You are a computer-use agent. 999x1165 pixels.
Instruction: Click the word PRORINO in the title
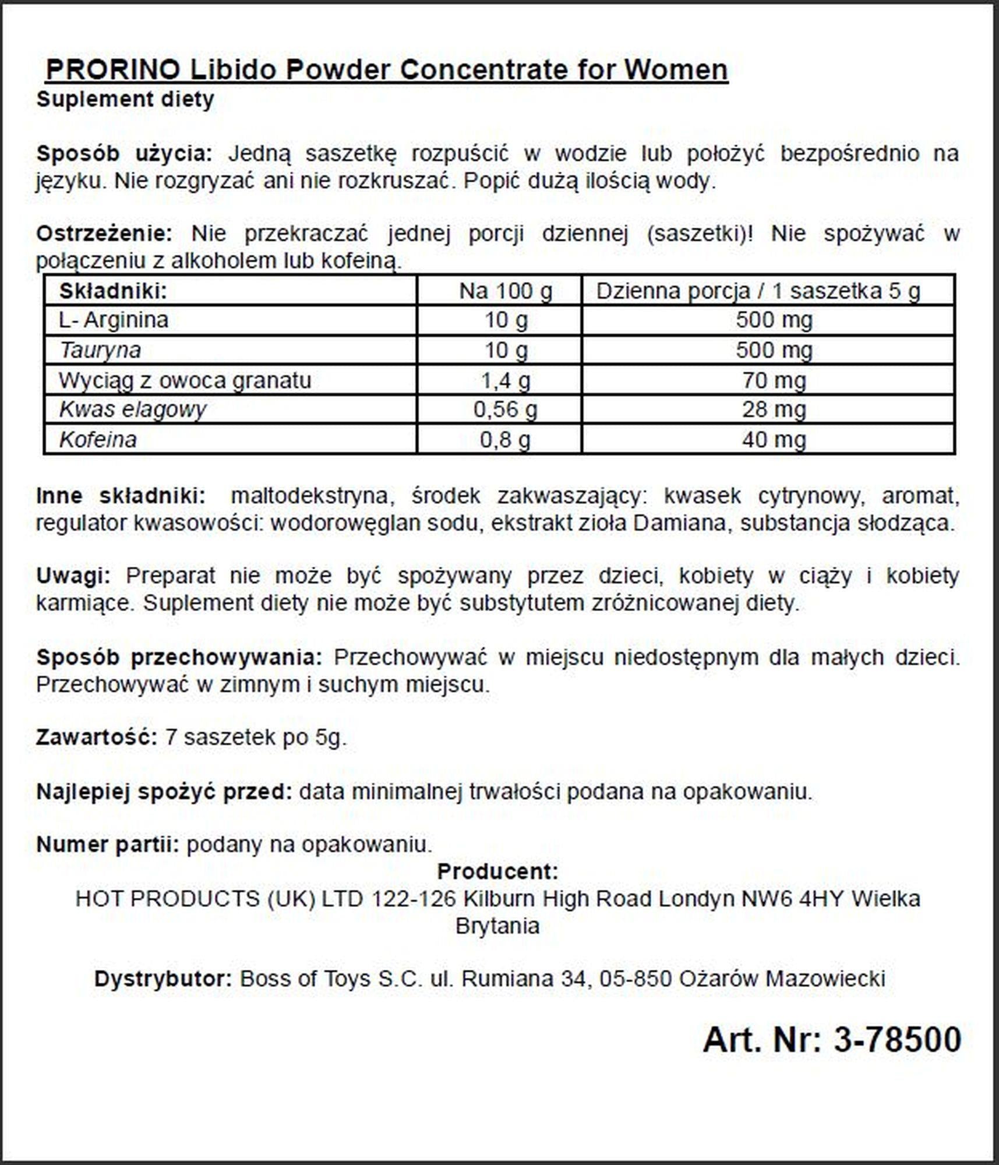[112, 70]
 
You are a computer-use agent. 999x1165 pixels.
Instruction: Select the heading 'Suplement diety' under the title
[125, 100]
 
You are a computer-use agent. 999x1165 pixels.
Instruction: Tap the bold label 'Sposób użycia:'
[124, 154]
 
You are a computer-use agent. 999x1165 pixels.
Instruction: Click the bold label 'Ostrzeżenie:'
[104, 234]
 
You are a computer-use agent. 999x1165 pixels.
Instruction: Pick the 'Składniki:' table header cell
[112, 291]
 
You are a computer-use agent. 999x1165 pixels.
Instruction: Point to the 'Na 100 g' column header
[505, 291]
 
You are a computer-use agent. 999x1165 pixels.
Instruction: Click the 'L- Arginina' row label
[114, 320]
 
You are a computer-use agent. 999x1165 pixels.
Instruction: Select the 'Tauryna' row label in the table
[100, 350]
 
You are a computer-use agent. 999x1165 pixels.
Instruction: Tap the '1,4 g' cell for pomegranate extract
[505, 380]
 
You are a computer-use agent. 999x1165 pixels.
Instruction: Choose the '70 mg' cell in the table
[774, 380]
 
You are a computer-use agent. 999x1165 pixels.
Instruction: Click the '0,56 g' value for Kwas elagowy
[505, 409]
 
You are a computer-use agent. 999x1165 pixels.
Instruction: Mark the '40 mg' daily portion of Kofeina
[774, 440]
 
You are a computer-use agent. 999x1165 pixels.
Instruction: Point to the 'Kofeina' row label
[98, 440]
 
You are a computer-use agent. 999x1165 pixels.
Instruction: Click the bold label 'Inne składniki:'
[121, 496]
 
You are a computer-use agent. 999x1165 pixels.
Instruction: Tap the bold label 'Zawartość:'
[97, 737]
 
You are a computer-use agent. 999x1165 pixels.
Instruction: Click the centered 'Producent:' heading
[497, 871]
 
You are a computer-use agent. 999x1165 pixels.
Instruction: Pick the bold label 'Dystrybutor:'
[164, 979]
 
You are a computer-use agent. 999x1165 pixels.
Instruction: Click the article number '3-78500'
[897, 1040]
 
